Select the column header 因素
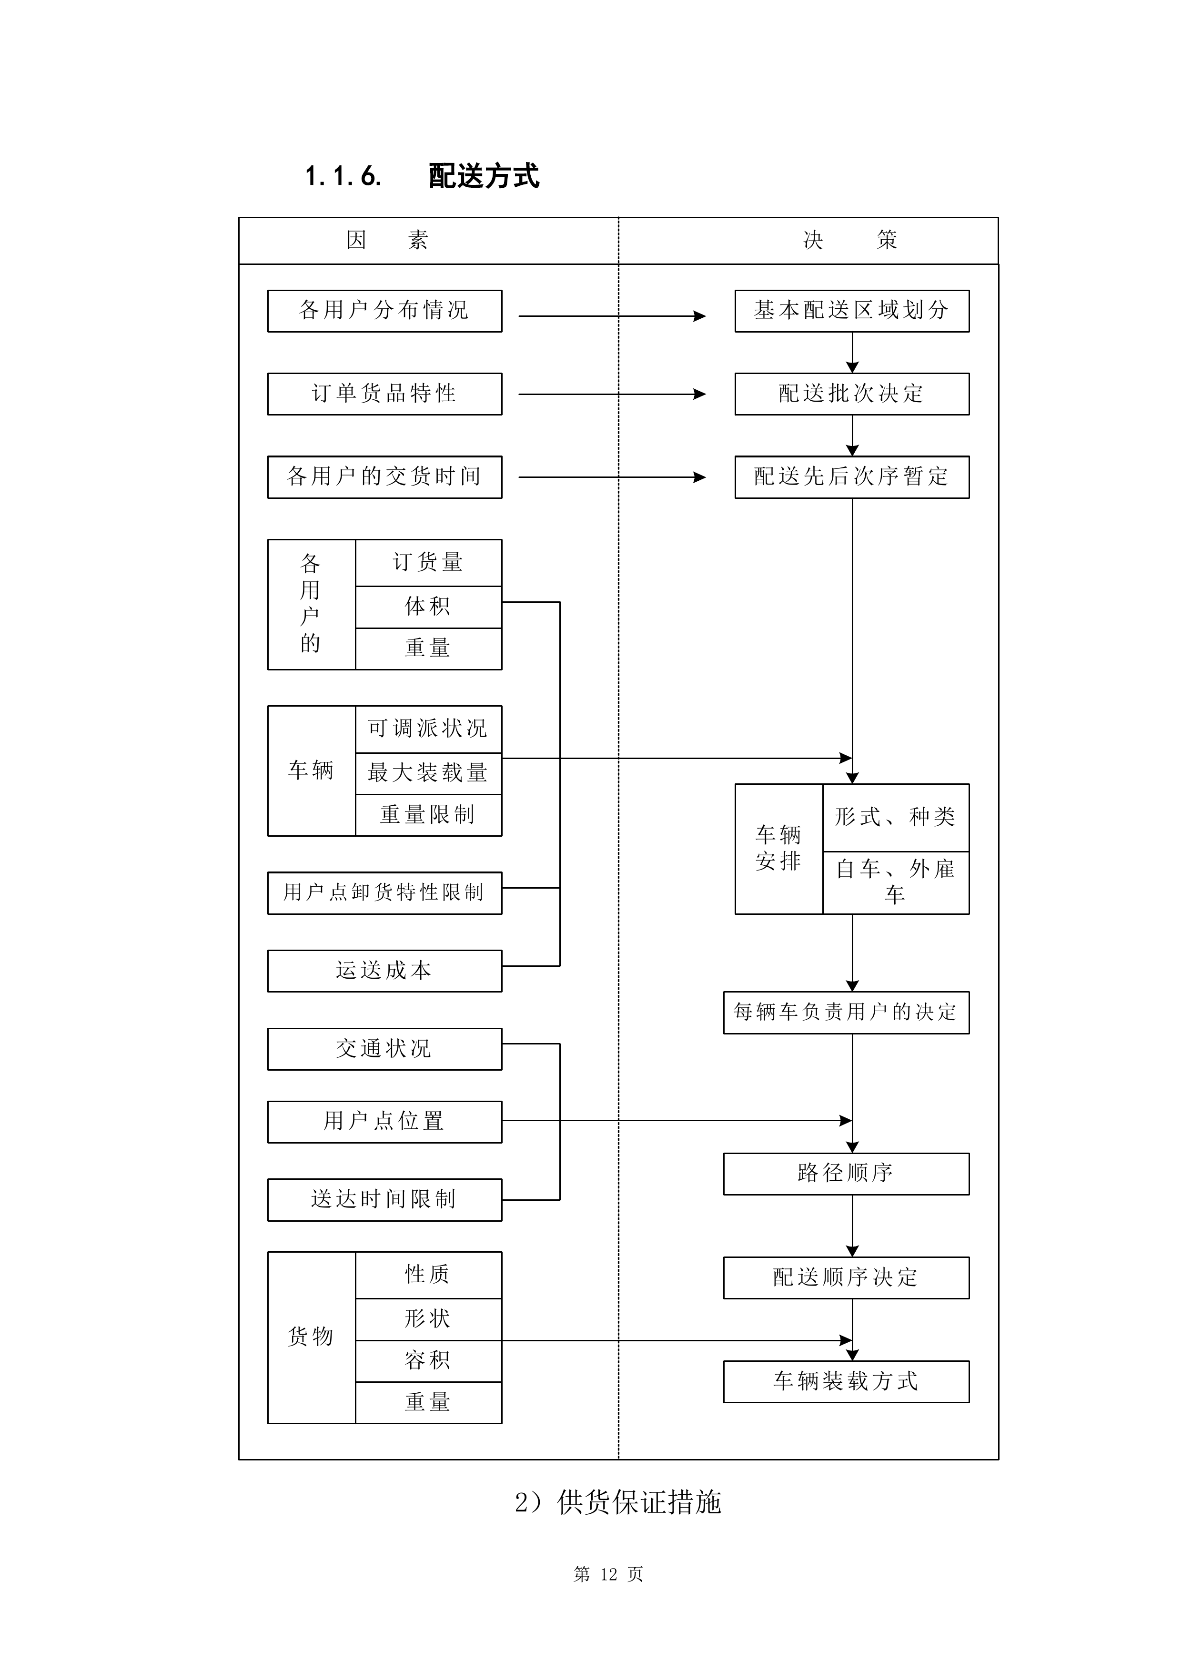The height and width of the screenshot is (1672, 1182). point(387,240)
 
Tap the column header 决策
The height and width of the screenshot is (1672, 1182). point(850,240)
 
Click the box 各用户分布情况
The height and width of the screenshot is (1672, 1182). point(384,311)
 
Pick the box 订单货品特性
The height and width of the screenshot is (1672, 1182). point(384,394)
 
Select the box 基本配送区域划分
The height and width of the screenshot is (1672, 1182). point(851,311)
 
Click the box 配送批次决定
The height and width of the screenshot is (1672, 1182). point(851,394)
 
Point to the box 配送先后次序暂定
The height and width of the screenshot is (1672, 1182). point(851,477)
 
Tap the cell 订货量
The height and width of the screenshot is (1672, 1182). point(428,562)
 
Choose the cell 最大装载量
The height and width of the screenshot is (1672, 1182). point(428,773)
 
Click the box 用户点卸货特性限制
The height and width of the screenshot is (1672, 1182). point(384,893)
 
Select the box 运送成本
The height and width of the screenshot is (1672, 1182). point(384,971)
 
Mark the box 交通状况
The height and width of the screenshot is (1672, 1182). point(384,1049)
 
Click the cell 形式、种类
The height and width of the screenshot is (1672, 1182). point(895,817)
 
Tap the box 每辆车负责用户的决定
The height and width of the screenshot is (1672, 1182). point(846,1012)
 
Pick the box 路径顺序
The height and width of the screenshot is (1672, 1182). point(846,1173)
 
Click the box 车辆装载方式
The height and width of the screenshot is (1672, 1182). point(846,1381)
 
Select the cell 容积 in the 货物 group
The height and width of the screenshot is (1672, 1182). point(428,1360)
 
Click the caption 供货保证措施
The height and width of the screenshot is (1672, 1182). point(639,1502)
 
